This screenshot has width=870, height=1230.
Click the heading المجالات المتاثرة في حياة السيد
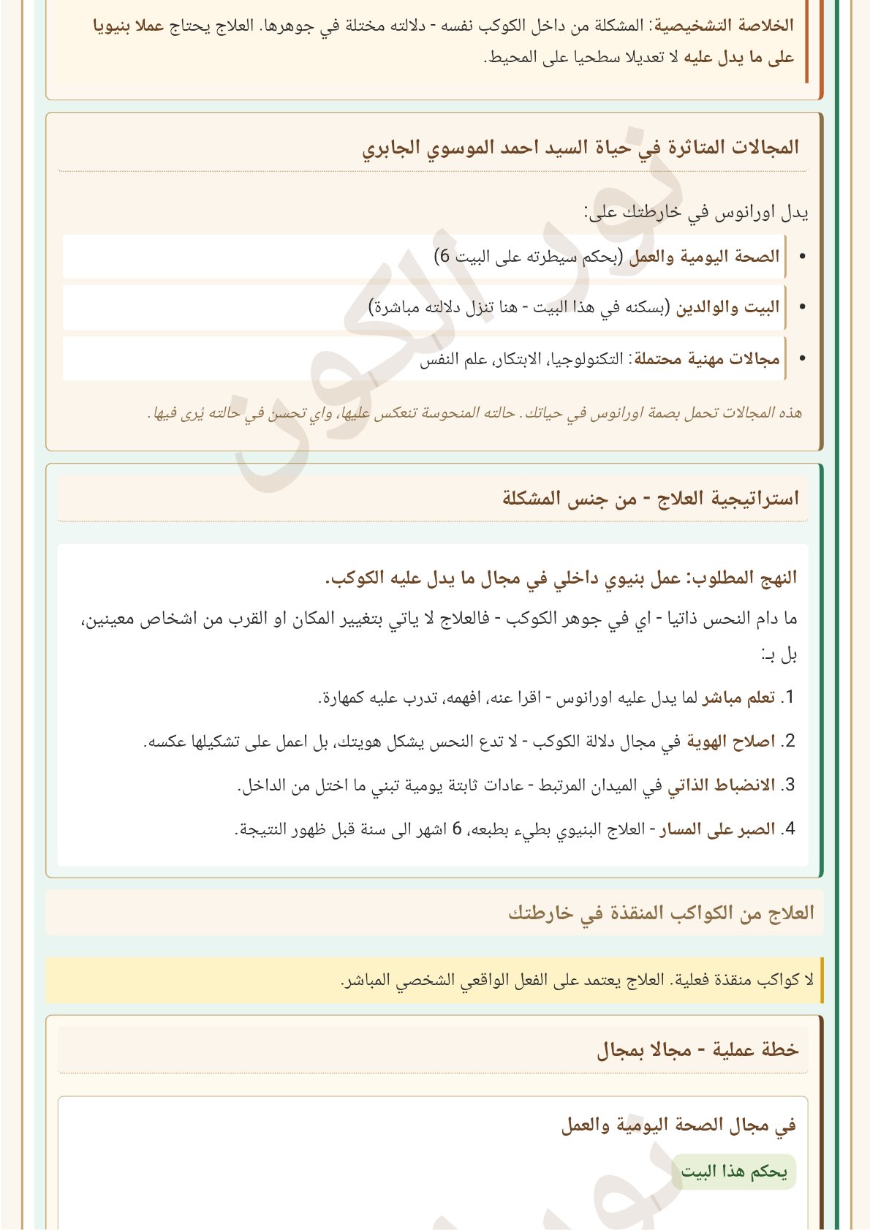point(581,148)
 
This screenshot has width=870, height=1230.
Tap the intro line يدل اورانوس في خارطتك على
point(696,213)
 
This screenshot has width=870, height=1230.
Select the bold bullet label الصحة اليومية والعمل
point(705,257)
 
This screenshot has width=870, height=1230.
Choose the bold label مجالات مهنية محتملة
point(707,359)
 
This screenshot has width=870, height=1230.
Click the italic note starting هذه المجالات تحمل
point(475,413)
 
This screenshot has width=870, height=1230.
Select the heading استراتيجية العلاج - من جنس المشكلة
point(651,499)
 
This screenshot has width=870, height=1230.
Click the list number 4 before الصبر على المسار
point(787,829)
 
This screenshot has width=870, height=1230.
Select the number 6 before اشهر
point(458,829)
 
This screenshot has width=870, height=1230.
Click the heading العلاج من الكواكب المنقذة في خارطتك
point(662,913)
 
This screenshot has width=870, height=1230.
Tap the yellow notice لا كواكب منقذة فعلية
point(578,980)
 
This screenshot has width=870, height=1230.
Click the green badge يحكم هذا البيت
point(734,1171)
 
